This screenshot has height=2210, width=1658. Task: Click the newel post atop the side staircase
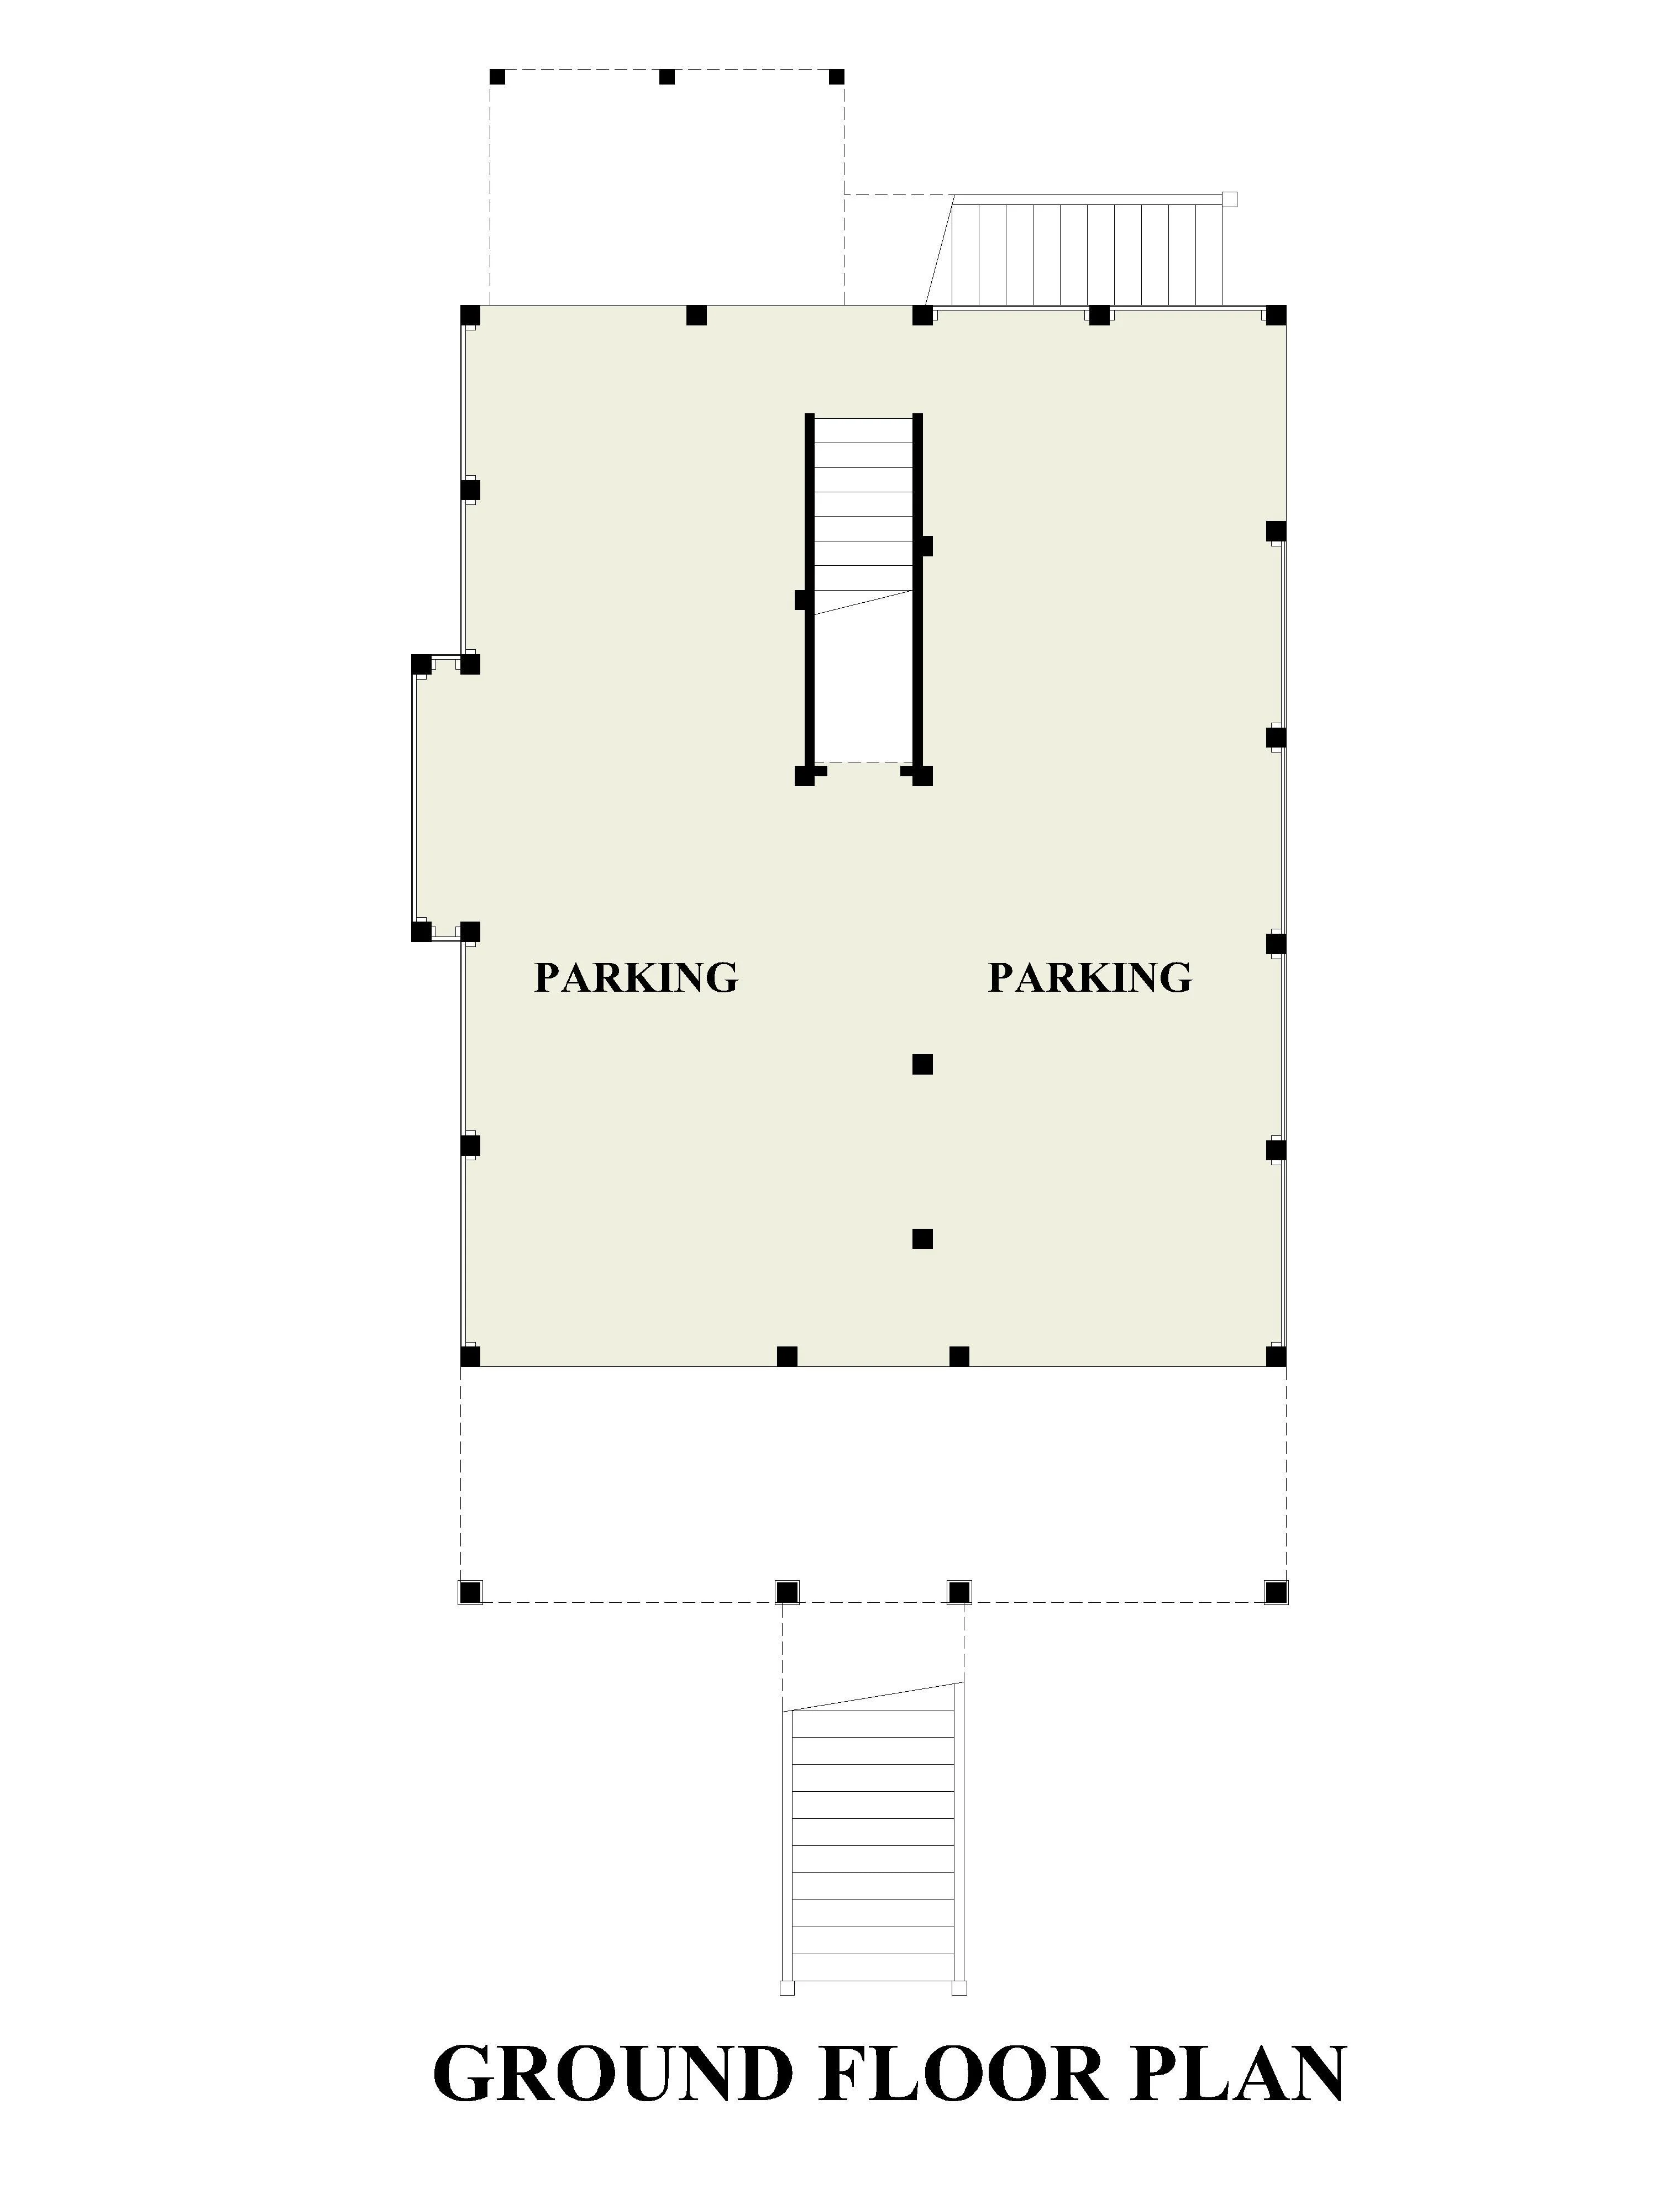point(1229,199)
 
